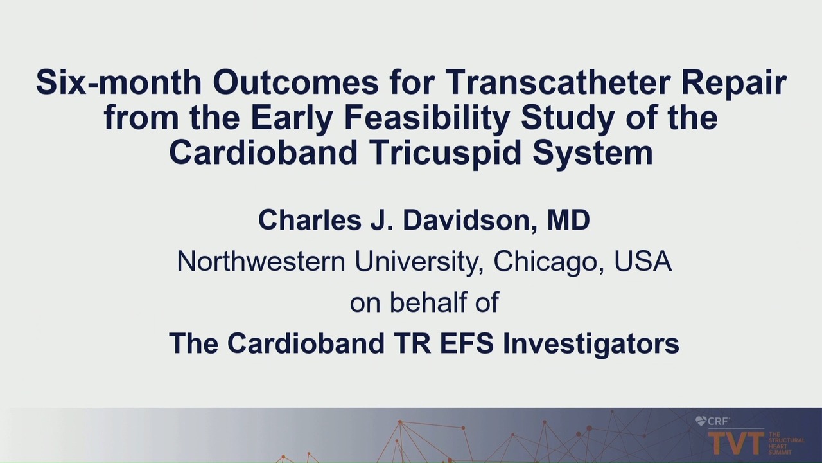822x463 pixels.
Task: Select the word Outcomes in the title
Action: (x=296, y=82)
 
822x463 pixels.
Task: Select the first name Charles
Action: (x=310, y=220)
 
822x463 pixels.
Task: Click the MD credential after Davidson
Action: (x=568, y=220)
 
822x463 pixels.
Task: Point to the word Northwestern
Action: (x=261, y=261)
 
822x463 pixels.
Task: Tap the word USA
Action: (x=643, y=261)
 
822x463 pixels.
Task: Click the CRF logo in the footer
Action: (x=712, y=421)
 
